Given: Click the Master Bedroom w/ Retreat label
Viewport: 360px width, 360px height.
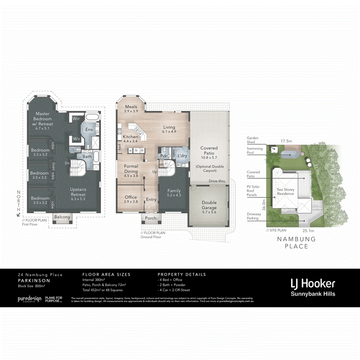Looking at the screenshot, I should click(x=44, y=119).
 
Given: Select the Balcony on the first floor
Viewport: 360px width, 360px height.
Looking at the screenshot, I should click(x=62, y=217).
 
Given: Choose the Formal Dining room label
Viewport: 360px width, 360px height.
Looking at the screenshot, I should click(x=131, y=169).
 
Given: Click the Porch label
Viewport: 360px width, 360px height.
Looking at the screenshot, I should click(x=151, y=218).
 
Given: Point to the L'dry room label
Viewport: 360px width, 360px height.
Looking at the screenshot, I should click(x=182, y=156).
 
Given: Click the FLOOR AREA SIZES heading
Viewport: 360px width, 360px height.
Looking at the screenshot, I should click(x=106, y=275).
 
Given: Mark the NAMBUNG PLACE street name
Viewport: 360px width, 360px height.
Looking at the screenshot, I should click(x=296, y=243).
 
